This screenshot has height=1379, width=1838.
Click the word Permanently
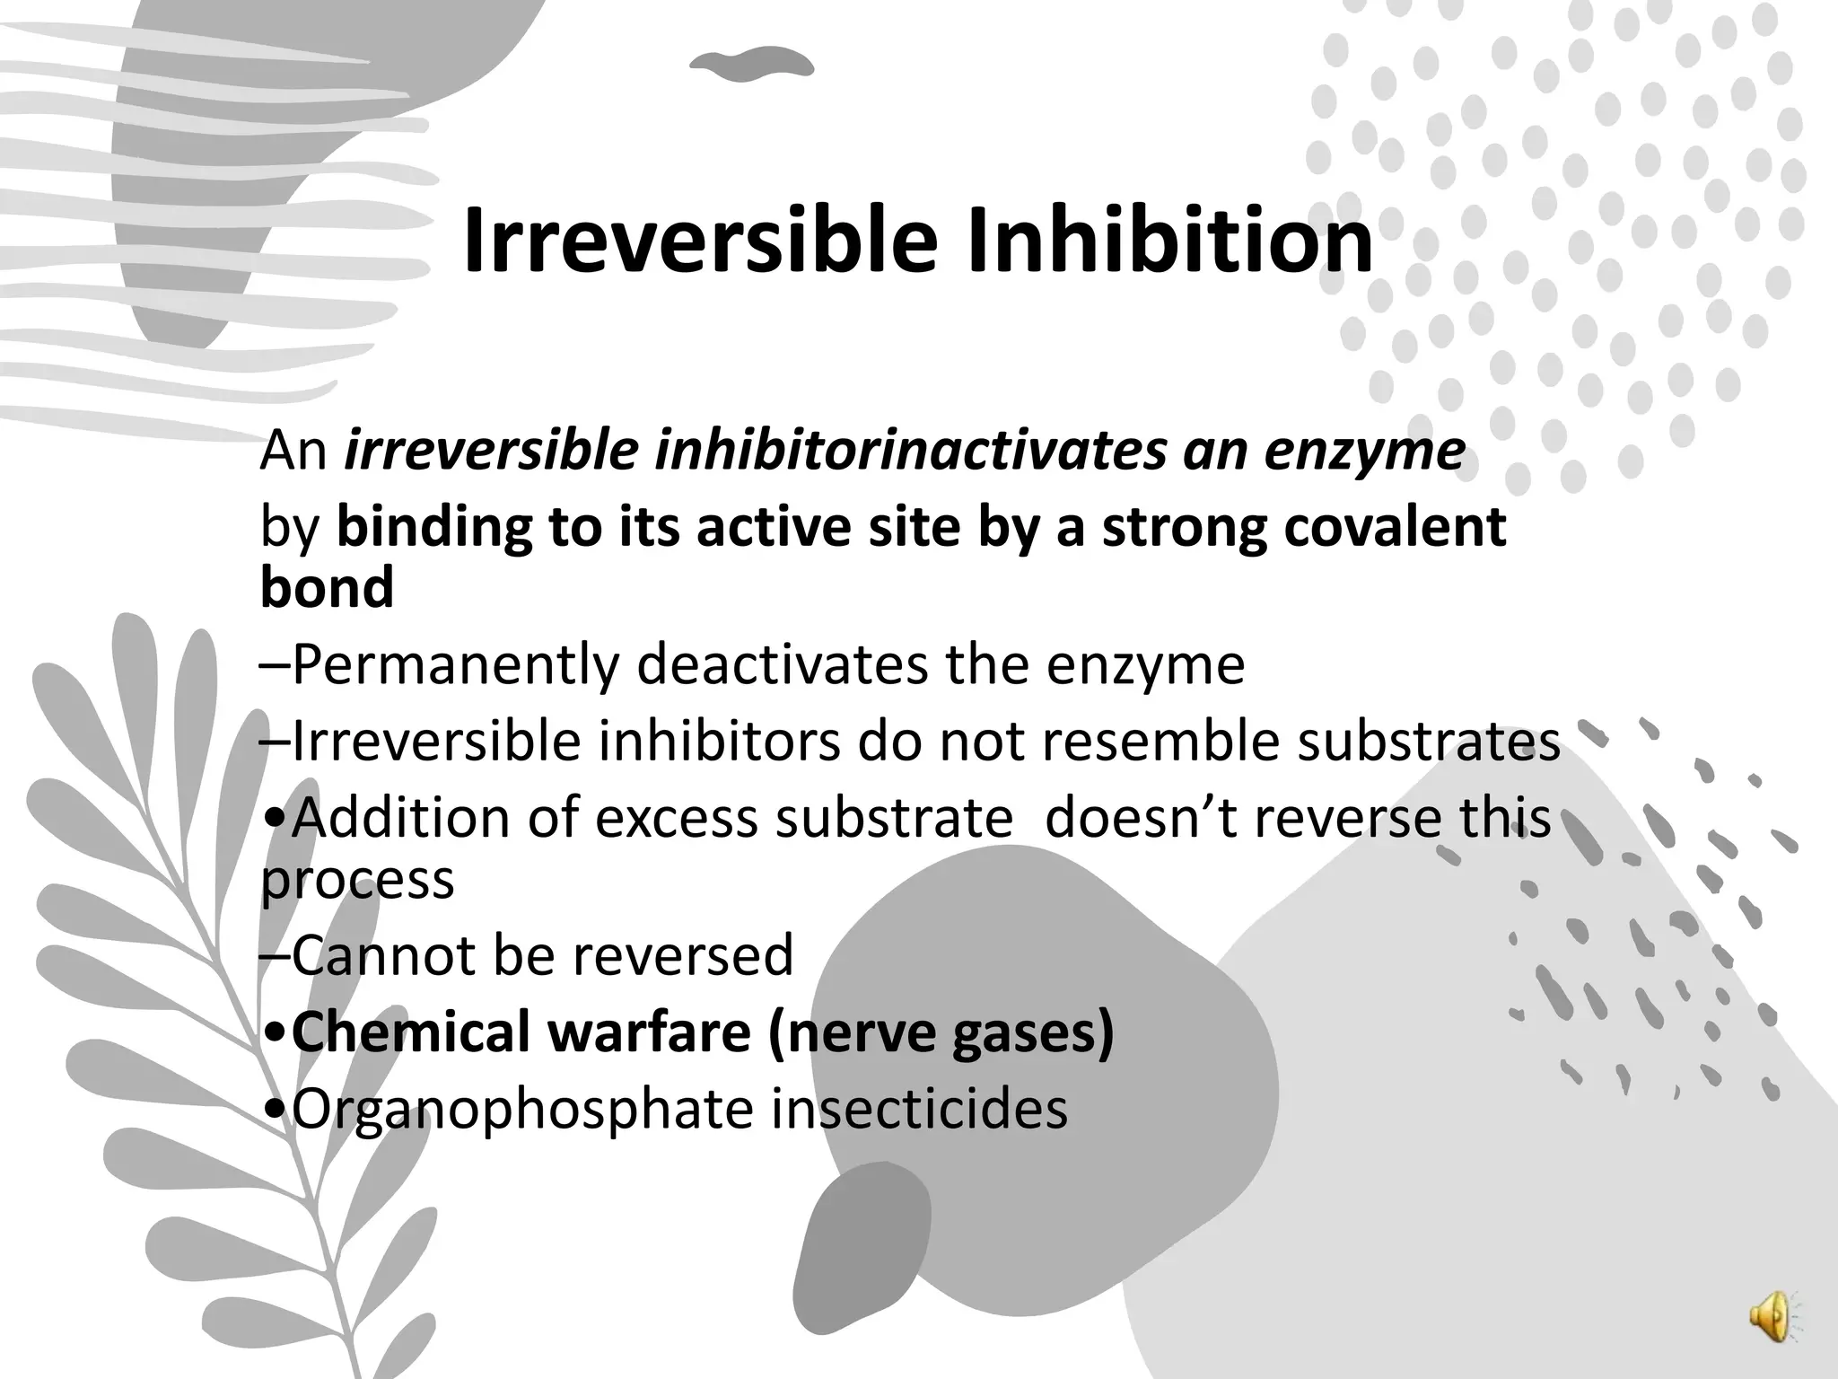(x=456, y=664)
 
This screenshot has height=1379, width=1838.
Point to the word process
(x=357, y=879)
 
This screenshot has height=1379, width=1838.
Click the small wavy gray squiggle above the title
(x=751, y=62)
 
